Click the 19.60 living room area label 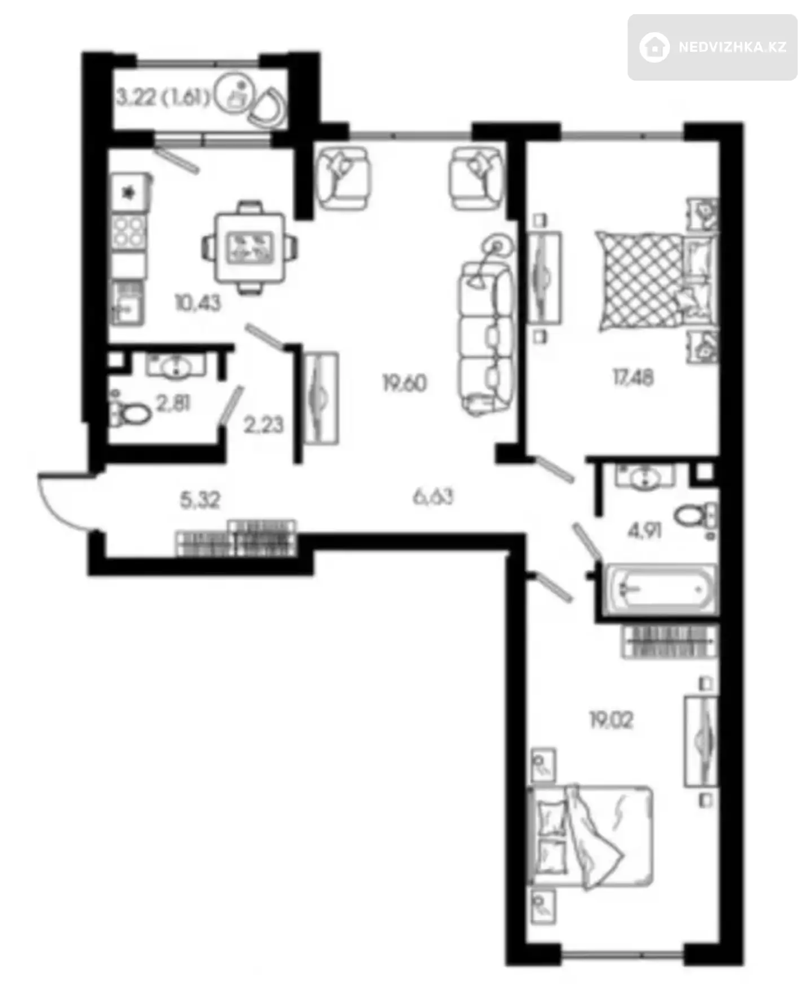coord(404,384)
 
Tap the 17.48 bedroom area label coord(633,377)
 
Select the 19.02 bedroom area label coord(611,720)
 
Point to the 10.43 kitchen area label coord(198,303)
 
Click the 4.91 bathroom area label coord(645,530)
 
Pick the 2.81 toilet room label coord(174,403)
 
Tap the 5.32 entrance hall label coord(200,500)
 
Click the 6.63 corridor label coord(433,497)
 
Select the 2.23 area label coord(263,425)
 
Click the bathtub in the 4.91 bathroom coord(660,589)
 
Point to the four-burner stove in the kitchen coord(129,232)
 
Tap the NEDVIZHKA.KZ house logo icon coord(655,47)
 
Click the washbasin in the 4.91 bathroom coord(645,477)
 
